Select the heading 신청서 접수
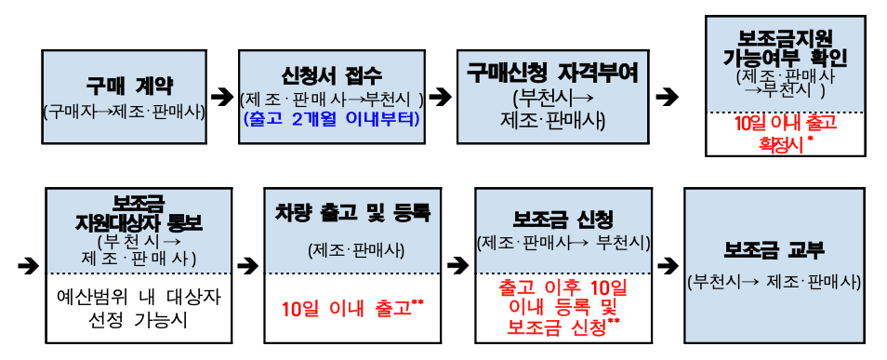click(331, 76)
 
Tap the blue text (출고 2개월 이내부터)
click(331, 119)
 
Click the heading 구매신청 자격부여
click(552, 74)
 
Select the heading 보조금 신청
click(563, 220)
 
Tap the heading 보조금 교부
click(774, 249)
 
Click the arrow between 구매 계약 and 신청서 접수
click(221, 96)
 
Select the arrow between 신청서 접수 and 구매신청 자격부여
click(440, 96)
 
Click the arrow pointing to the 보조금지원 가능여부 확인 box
click(667, 96)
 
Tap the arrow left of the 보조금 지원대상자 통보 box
click(28, 265)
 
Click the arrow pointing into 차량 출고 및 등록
click(246, 265)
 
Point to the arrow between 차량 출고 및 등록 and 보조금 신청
click(457, 265)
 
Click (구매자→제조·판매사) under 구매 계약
click(124, 113)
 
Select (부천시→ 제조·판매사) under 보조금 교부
click(774, 282)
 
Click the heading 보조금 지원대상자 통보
click(137, 213)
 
